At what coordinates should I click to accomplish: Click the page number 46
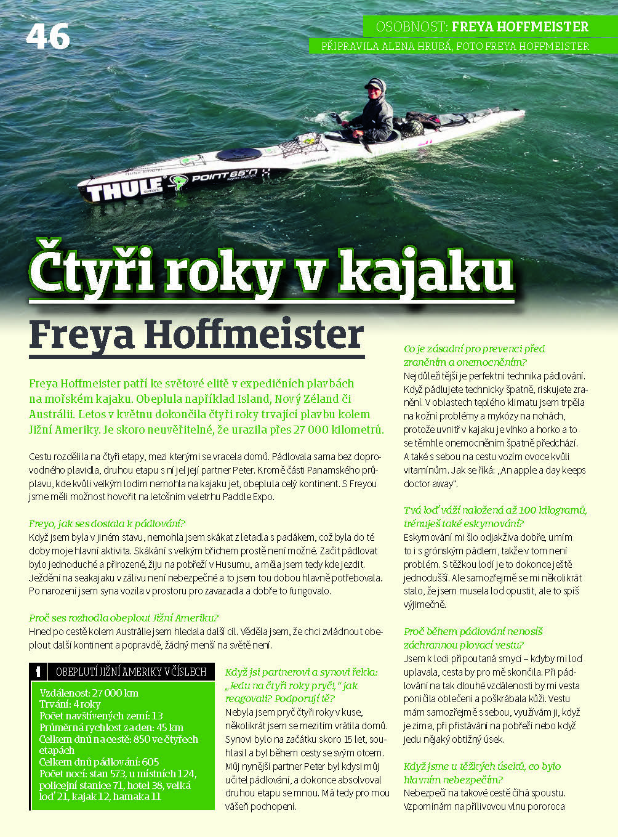click(47, 37)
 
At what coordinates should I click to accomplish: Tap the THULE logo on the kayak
click(124, 190)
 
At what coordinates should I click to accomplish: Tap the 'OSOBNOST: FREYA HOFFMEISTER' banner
click(482, 26)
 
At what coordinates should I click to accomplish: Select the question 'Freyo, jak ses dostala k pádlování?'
click(107, 524)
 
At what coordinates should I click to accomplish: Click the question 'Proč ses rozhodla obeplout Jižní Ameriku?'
click(123, 618)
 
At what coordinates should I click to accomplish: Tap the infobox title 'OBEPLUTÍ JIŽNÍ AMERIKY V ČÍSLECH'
click(131, 672)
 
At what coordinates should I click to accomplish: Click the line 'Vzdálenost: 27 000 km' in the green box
click(89, 693)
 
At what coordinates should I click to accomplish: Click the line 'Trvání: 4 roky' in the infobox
click(70, 704)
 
